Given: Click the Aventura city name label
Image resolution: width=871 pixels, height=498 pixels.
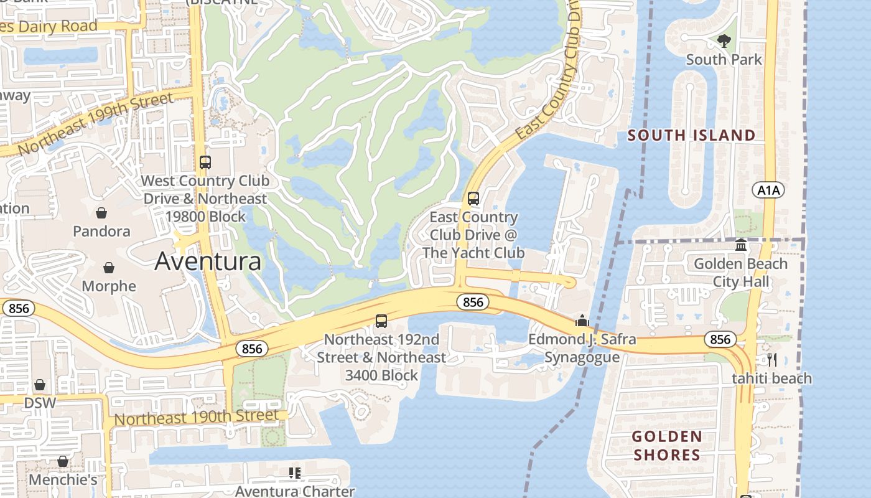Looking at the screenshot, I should tap(208, 261).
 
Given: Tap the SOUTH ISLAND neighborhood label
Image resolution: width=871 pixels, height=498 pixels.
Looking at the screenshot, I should tap(691, 135).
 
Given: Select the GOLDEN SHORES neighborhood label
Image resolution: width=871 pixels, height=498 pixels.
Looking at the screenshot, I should tap(667, 446).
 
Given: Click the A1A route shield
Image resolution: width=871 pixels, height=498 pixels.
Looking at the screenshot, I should tap(768, 190).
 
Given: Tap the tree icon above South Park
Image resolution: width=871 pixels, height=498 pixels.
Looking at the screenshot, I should tap(724, 41).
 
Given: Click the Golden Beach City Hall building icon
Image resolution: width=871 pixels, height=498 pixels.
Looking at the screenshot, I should tap(741, 245).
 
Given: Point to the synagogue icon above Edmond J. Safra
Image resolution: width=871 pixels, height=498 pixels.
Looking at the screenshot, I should tap(582, 321).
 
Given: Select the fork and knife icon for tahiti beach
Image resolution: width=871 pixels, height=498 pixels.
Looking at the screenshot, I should tap(772, 359).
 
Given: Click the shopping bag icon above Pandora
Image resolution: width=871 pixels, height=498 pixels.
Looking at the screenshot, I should tap(101, 213).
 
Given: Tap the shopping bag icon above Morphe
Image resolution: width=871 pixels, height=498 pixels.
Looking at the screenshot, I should tap(109, 268).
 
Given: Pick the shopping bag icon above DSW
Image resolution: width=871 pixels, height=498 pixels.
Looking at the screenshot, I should tap(40, 385).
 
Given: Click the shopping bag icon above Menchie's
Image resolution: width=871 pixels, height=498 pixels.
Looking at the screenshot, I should tap(63, 461).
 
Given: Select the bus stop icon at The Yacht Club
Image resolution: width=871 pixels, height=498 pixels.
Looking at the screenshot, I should tap(473, 199).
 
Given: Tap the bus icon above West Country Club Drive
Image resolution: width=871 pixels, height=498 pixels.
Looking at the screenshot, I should tap(205, 162).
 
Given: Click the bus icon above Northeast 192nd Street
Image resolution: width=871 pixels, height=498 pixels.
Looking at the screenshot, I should tap(381, 321).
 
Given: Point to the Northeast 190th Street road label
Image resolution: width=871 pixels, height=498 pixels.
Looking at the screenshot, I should tap(197, 417).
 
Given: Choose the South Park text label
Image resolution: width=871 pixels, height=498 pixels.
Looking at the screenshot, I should tap(724, 60).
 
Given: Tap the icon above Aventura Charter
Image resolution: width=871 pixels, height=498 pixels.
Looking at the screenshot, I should tap(295, 473).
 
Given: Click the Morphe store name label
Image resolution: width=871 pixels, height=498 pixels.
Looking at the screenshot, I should tap(109, 286).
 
